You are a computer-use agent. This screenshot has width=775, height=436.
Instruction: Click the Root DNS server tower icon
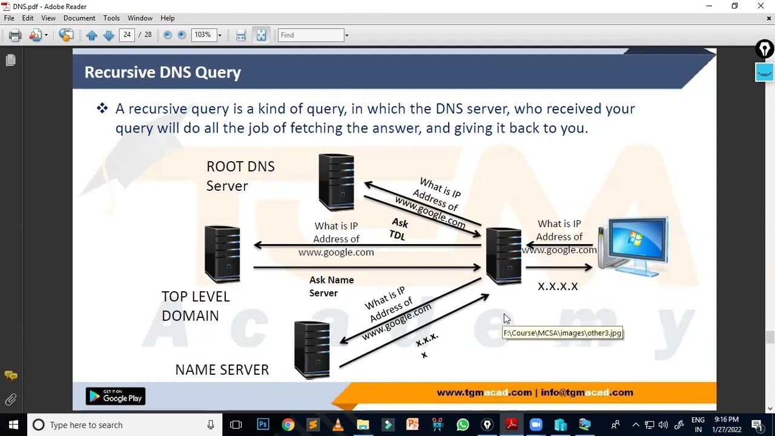tap(337, 182)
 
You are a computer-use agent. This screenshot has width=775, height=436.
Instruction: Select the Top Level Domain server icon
tap(222, 254)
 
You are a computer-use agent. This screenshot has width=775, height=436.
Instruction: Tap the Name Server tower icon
tap(312, 350)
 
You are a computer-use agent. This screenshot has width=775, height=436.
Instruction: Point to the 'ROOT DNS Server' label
tap(240, 176)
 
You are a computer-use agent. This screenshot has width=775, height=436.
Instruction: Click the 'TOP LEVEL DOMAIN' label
tap(195, 306)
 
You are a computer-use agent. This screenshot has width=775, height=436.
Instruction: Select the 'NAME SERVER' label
tap(222, 370)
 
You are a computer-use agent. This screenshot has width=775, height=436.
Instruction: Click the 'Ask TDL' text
tap(398, 230)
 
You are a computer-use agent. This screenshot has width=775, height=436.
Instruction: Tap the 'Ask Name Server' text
tap(331, 286)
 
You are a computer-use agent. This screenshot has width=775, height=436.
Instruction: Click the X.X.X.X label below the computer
tap(558, 286)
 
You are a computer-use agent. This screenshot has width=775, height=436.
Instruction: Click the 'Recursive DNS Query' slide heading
tap(162, 73)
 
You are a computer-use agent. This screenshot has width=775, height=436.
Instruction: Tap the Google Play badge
tap(116, 397)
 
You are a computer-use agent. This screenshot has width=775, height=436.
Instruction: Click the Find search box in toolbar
tap(311, 35)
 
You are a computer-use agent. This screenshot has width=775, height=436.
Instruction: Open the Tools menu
tap(111, 18)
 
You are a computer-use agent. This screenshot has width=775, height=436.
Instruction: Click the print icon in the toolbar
tap(15, 35)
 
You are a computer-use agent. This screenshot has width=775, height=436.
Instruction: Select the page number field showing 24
tap(127, 35)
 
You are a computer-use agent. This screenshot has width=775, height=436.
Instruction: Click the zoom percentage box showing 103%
tap(203, 35)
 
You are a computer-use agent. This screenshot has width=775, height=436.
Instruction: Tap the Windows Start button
tap(13, 424)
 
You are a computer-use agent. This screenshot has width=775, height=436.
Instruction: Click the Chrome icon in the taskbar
tap(288, 424)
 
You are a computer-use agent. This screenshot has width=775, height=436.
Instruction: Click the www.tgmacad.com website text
tap(484, 392)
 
